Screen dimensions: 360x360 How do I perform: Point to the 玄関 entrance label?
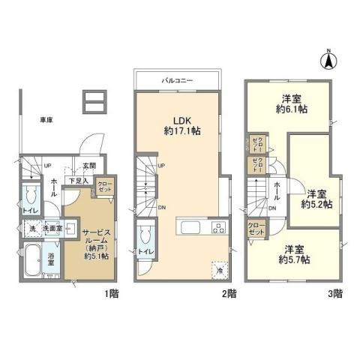pyautogui.click(x=88, y=166)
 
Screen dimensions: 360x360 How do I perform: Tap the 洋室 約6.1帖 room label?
pyautogui.click(x=293, y=103)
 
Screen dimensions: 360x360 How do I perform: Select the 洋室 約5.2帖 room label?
pyautogui.click(x=315, y=197)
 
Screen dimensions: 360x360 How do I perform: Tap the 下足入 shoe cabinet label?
pyautogui.click(x=77, y=180)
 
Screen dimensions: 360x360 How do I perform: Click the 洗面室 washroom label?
pyautogui.click(x=51, y=228)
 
